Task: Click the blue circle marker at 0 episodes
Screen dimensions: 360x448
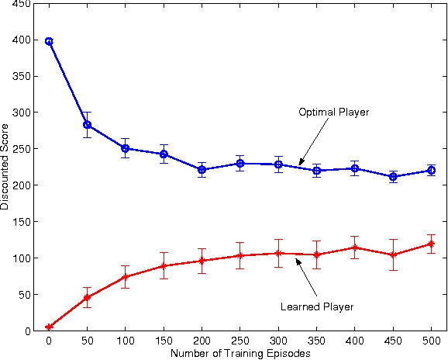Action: point(49,41)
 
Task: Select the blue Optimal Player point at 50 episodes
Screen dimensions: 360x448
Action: point(87,125)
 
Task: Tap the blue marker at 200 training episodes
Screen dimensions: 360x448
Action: point(202,169)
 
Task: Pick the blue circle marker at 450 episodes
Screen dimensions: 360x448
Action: point(393,176)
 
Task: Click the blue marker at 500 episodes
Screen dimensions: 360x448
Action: point(431,170)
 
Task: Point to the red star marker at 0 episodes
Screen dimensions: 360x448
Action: point(49,327)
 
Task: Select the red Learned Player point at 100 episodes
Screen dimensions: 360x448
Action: point(125,277)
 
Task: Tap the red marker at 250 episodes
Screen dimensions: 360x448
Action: point(240,255)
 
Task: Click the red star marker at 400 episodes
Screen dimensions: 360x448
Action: point(354,247)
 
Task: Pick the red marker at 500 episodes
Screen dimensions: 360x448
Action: point(431,244)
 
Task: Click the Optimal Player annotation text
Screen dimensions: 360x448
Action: point(333,112)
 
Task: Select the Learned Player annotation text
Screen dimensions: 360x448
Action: point(316,306)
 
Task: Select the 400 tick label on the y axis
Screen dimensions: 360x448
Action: point(22,40)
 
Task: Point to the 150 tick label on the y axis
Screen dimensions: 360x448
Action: point(22,222)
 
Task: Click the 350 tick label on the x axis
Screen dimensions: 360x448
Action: point(316,340)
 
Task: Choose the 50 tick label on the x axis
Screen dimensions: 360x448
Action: point(87,340)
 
